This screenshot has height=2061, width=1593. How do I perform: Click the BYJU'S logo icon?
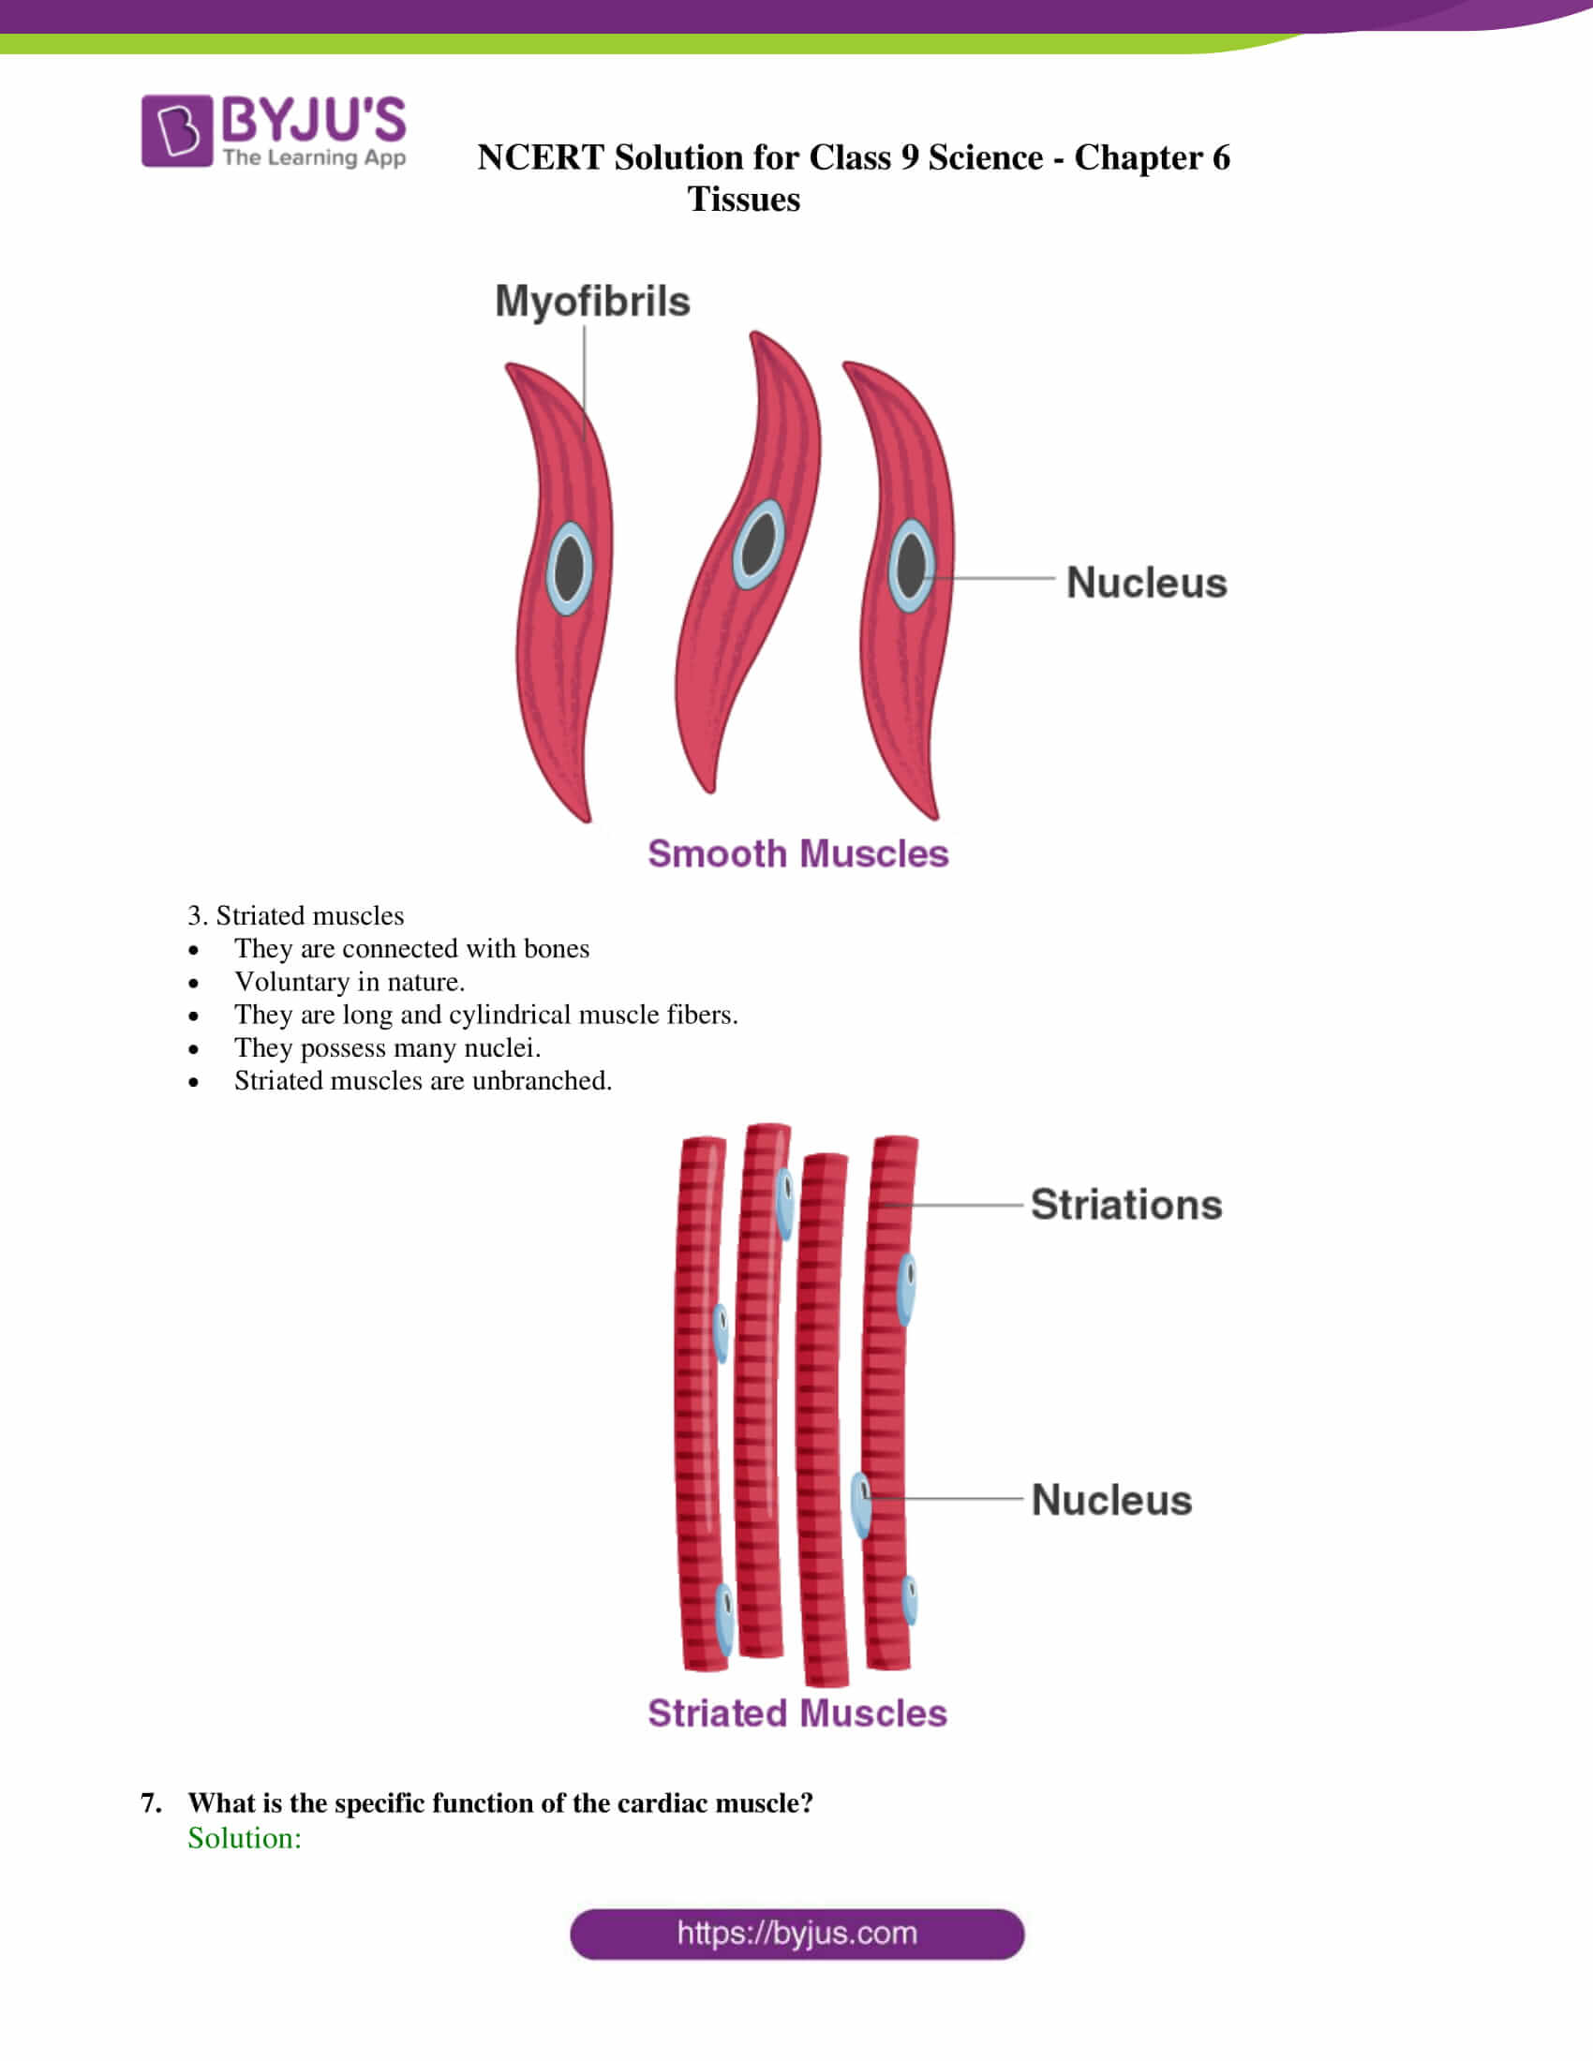[176, 130]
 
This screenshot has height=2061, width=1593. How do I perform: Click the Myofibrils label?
[592, 302]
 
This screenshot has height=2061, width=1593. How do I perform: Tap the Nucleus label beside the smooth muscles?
[1146, 583]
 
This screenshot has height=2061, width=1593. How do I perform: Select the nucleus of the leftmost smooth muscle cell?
[569, 568]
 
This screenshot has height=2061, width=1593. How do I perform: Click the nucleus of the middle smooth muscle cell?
[758, 544]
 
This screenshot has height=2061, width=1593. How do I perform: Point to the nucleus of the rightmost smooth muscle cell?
[911, 565]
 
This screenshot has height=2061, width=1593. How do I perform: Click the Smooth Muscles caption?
[797, 853]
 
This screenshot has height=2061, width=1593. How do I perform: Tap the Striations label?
[1125, 1205]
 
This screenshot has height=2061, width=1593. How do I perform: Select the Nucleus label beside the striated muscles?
[1110, 1501]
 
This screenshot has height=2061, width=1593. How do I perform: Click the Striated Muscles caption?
[796, 1713]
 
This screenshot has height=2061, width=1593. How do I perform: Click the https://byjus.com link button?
[796, 1934]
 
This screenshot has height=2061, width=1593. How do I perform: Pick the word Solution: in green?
[245, 1838]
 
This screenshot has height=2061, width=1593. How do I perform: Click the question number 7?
[150, 1803]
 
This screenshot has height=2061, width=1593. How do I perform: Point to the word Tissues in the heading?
[744, 200]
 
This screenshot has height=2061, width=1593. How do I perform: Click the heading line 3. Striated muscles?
[295, 915]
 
